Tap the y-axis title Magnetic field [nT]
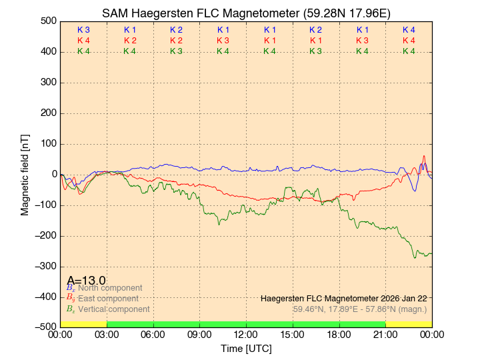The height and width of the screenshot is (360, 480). click(25, 173)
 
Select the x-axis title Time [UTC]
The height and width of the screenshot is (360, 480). click(246, 349)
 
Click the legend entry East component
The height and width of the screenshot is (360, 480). click(108, 298)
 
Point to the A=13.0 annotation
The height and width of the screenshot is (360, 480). click(86, 280)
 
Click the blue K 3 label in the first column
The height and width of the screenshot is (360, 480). click(83, 30)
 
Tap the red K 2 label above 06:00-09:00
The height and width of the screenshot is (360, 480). click(176, 41)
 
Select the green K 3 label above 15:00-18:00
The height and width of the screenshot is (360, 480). click(315, 51)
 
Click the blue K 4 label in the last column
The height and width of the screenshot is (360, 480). click(409, 30)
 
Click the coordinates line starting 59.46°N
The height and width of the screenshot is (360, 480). click(360, 309)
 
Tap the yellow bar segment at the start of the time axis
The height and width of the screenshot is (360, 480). click(83, 324)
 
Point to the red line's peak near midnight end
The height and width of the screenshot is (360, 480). click(424, 156)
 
